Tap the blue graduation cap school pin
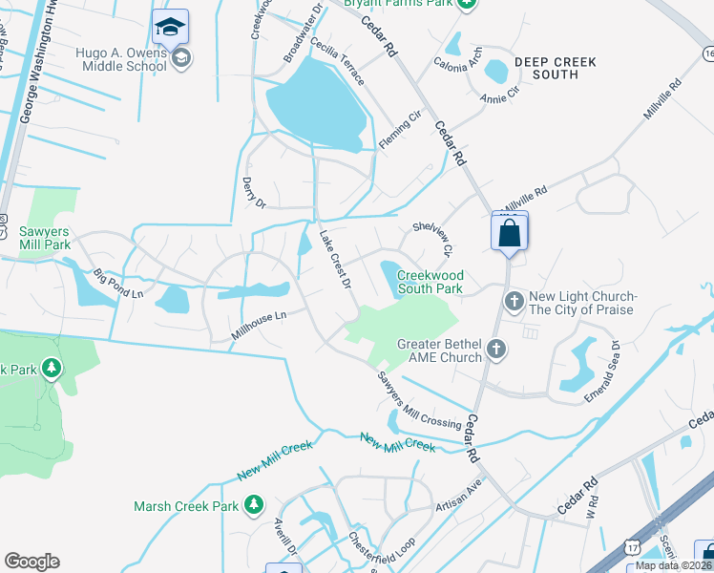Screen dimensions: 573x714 (170, 27)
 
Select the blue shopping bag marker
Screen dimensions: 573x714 (509, 232)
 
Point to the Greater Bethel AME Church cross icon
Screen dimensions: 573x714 (495, 350)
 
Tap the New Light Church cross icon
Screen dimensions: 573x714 (514, 303)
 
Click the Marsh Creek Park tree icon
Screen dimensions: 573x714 (253, 503)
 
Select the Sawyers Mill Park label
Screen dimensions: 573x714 (45, 238)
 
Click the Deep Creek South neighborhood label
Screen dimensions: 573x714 (555, 68)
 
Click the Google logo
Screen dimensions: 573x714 (31, 562)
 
